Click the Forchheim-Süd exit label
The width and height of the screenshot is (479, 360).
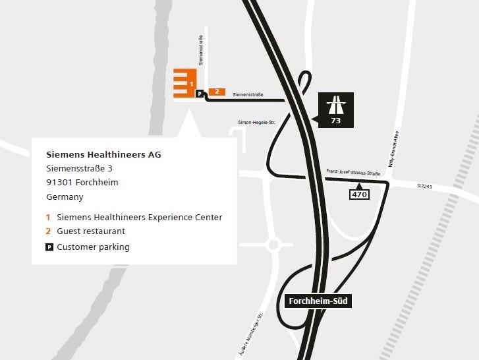[x=318, y=302]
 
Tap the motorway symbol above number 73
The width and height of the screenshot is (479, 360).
[x=336, y=105]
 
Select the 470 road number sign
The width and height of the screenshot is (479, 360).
[x=360, y=194]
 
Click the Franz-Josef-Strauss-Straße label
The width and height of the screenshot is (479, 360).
[x=353, y=172]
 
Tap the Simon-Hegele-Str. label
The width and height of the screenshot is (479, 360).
[x=256, y=123]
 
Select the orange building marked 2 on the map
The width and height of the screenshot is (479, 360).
[x=217, y=92]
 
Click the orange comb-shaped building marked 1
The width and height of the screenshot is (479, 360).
[x=184, y=83]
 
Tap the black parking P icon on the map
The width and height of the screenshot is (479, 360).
[x=199, y=94]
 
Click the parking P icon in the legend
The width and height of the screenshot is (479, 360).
[x=49, y=247]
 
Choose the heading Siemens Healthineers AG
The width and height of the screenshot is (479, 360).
[x=103, y=155]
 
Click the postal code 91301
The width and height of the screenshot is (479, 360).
[x=59, y=183]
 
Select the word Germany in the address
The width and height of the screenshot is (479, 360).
[x=65, y=196]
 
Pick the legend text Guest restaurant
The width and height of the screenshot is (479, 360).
[x=91, y=231]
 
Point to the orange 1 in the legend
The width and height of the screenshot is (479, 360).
[x=48, y=218]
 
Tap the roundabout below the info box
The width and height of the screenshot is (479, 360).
[x=273, y=245]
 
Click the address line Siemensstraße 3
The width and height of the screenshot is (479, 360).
[x=79, y=169]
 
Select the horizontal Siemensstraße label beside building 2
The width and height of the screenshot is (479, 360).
[x=248, y=95]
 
